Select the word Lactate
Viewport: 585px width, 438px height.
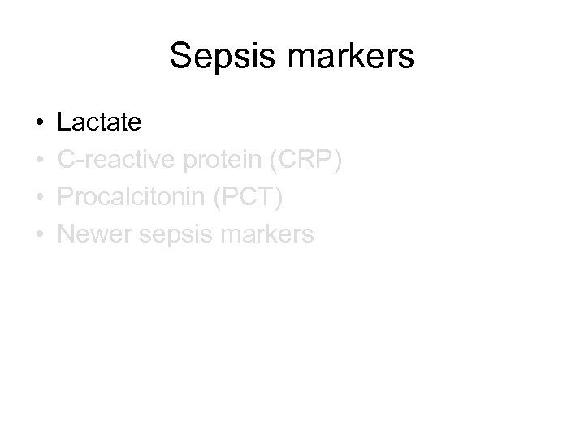(x=99, y=122)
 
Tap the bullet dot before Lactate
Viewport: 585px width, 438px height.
(x=40, y=123)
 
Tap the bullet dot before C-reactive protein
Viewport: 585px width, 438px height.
(x=40, y=161)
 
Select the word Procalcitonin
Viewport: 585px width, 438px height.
(x=133, y=197)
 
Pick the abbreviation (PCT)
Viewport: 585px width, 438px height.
(x=255, y=197)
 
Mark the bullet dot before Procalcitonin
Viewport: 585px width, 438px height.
(x=40, y=198)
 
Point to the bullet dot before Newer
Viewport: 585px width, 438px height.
(x=40, y=235)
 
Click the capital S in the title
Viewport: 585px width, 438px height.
(x=181, y=58)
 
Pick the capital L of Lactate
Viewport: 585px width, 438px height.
(x=64, y=122)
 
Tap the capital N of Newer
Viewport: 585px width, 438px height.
(x=67, y=234)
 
